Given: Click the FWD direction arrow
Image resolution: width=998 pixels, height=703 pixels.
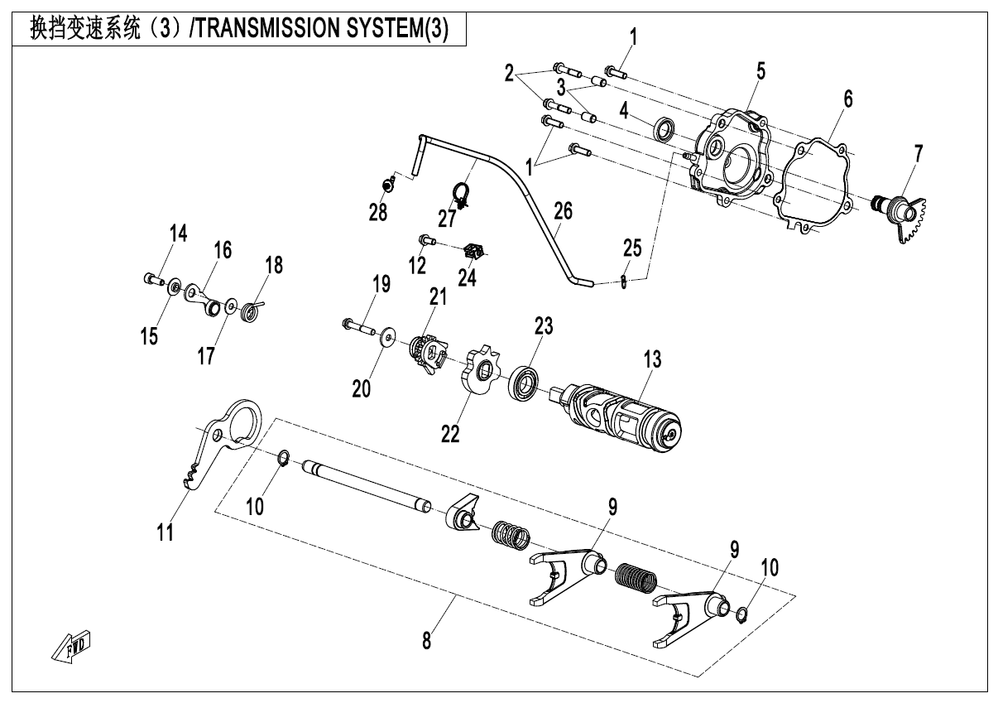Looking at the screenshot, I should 72,647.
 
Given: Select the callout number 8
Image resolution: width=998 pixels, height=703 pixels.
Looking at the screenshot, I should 427,640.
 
